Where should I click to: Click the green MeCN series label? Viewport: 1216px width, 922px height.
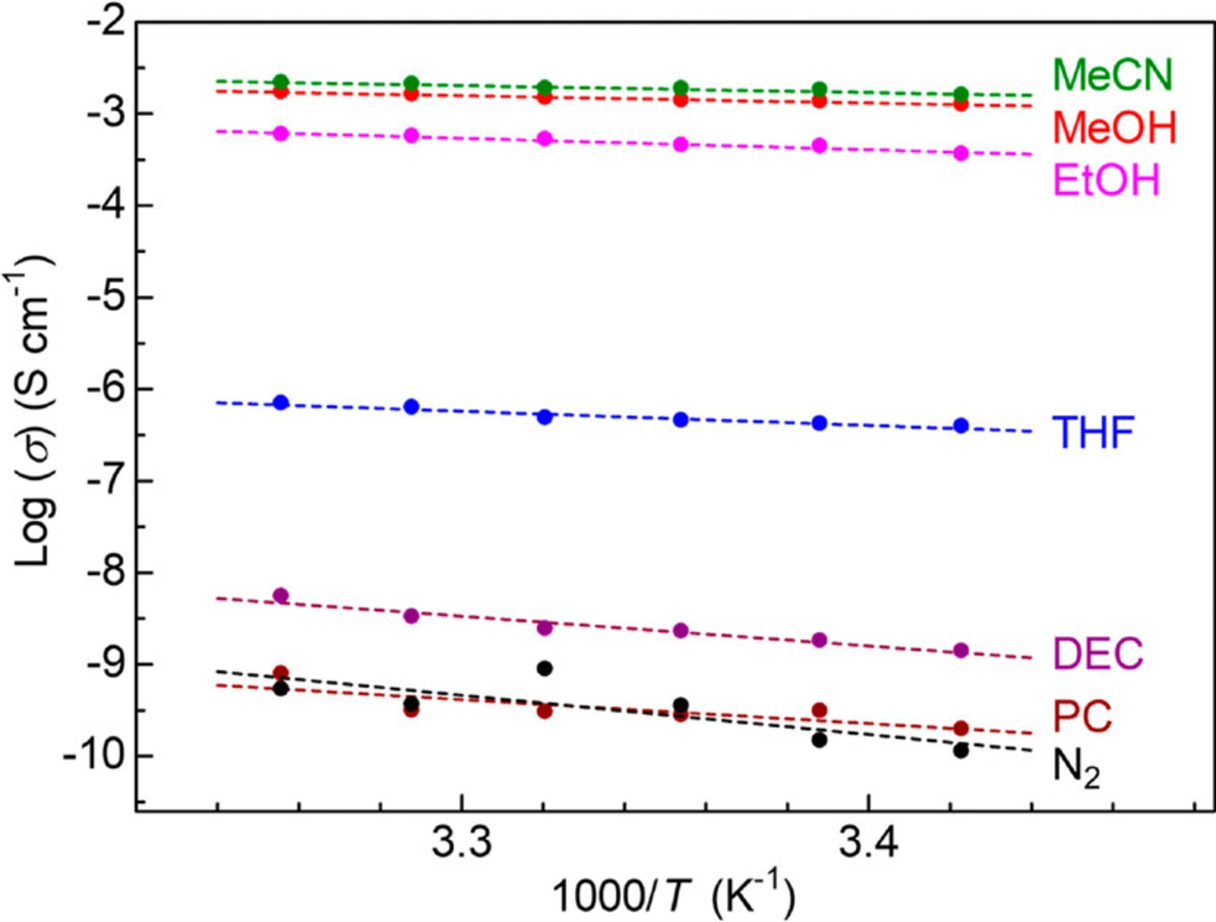coord(1112,75)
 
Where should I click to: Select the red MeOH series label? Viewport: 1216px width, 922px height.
coord(1114,127)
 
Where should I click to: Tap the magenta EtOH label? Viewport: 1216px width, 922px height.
coord(1107,180)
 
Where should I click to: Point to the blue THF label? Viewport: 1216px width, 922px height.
coord(1092,433)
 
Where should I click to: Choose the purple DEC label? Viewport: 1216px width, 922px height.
coord(1097,654)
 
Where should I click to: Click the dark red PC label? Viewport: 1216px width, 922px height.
coord(1082,717)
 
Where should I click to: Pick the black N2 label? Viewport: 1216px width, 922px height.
coord(1076,767)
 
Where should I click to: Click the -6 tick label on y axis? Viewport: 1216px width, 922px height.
coord(105,389)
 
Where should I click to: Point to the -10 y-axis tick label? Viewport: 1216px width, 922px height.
coord(94,757)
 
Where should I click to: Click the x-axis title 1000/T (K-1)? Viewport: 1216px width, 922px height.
coord(673,893)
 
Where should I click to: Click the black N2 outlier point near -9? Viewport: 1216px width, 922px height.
coord(544,668)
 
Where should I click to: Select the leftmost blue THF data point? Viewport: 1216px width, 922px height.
coord(280,402)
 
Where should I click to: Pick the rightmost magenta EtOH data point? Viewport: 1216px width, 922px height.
coord(960,153)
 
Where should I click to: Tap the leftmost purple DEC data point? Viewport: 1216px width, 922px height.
coord(280,596)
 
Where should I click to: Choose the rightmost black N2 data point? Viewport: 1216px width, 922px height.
coord(960,750)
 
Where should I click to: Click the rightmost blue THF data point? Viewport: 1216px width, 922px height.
coord(960,426)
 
